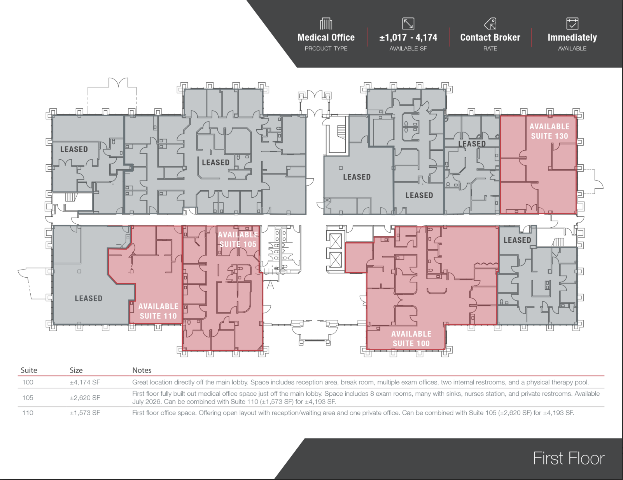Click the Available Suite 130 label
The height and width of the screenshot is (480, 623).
(x=549, y=131)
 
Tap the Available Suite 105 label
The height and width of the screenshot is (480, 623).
(x=238, y=239)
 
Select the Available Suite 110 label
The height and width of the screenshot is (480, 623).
(x=158, y=311)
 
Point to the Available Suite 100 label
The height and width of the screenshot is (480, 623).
(x=411, y=339)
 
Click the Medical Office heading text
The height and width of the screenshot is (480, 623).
(x=326, y=38)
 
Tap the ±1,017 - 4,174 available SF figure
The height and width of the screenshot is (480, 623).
(x=408, y=38)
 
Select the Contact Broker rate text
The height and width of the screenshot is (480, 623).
(x=490, y=38)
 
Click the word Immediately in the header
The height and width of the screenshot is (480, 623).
(x=572, y=38)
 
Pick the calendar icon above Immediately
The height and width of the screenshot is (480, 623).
(x=572, y=23)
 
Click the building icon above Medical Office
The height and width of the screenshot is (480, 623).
(x=326, y=23)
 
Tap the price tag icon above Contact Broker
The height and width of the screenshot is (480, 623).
(x=490, y=23)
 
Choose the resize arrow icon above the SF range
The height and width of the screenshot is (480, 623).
(x=408, y=23)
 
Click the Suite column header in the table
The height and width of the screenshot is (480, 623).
(x=29, y=370)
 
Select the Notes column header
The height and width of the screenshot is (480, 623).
(x=142, y=370)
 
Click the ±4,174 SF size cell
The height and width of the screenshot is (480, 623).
(x=85, y=382)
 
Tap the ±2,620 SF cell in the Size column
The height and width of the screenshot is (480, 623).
(x=85, y=398)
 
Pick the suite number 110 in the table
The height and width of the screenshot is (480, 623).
(x=28, y=413)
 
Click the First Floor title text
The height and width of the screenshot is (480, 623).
(x=569, y=458)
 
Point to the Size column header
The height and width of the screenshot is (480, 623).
(x=76, y=370)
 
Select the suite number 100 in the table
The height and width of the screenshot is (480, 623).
(x=28, y=382)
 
